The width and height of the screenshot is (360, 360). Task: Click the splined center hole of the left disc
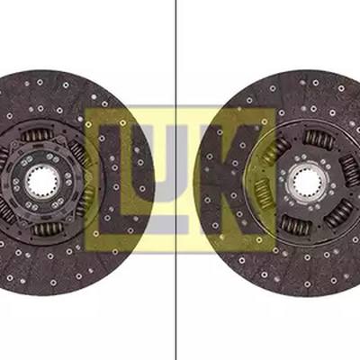coord(42,180)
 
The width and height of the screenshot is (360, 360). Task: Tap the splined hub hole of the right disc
coord(308,181)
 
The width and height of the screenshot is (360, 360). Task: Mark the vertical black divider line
coord(176,180)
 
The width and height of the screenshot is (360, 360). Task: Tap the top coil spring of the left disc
coord(37,135)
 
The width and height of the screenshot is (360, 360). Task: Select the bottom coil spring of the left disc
coord(48,229)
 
